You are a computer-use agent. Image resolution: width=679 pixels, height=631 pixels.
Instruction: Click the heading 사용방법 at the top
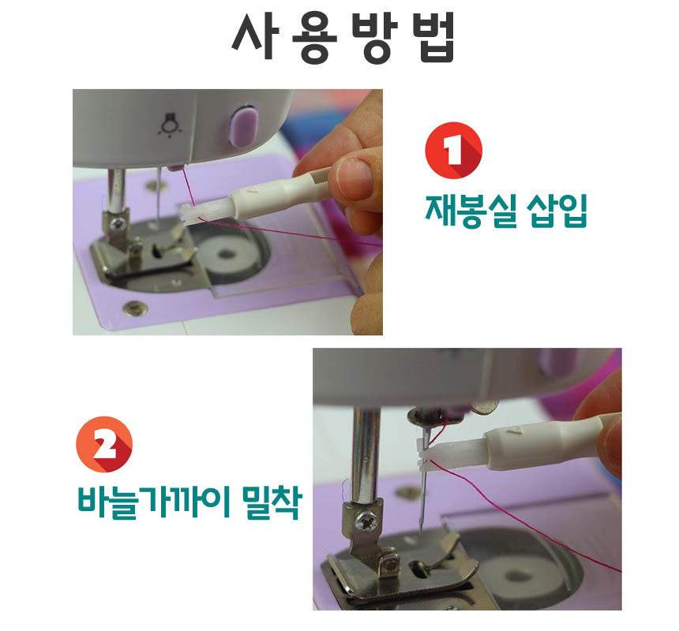[343, 37]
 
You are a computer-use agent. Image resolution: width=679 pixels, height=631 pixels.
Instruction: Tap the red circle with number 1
[453, 150]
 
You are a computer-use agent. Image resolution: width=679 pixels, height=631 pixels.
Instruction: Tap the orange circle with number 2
[104, 445]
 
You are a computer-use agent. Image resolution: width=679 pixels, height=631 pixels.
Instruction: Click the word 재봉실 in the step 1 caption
[471, 211]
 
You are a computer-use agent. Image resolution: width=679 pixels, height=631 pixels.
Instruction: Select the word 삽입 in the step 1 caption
[557, 211]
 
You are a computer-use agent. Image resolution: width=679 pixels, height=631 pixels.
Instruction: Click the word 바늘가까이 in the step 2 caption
[154, 502]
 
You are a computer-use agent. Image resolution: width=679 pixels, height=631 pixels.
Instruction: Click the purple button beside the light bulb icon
[243, 126]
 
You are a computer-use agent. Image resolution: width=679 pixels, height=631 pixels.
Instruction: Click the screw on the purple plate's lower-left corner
[135, 308]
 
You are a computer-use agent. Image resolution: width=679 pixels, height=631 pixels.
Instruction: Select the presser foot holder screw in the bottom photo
[363, 521]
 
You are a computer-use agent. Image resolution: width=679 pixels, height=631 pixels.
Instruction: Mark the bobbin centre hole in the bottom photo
[517, 576]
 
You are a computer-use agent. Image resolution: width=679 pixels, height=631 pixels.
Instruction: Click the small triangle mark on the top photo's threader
[253, 189]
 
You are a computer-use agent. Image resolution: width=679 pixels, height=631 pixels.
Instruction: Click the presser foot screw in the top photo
[118, 223]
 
